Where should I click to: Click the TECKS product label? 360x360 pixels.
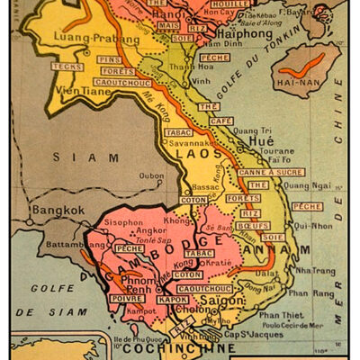click(67, 67)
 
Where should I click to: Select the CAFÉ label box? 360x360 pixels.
click(214, 121)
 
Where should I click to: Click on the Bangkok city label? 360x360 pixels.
click(58, 210)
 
